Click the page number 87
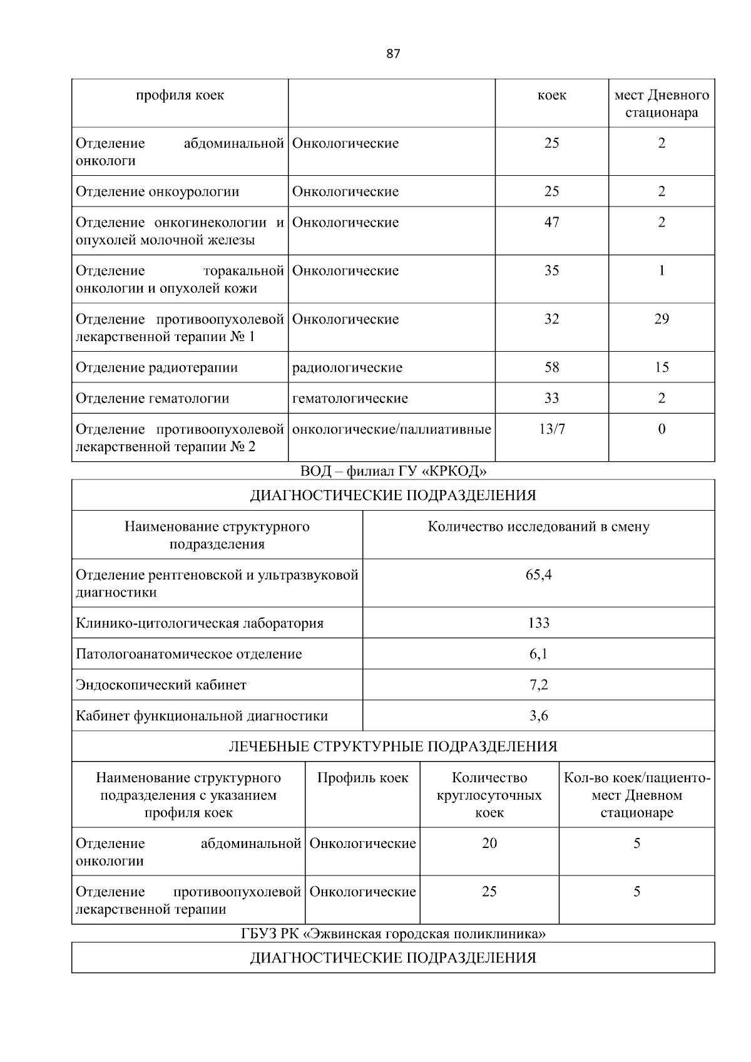click(x=393, y=54)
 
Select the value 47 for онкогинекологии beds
click(x=551, y=223)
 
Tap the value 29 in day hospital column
click(x=662, y=319)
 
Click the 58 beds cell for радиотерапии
click(x=551, y=367)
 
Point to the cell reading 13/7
click(x=551, y=429)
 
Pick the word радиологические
click(x=347, y=367)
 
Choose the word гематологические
click(x=350, y=399)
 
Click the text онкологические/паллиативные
click(x=392, y=429)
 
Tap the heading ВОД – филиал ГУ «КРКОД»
click(x=393, y=471)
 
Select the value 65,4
click(x=538, y=574)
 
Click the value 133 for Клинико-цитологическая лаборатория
click(x=538, y=623)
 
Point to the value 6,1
click(x=538, y=654)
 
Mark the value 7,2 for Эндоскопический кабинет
click(x=538, y=685)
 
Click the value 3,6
click(x=538, y=716)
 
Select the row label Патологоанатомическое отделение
click(x=189, y=654)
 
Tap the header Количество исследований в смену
click(x=538, y=527)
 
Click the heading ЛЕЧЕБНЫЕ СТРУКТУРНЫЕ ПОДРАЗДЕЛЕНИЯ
click(x=393, y=747)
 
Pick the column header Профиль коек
click(x=362, y=778)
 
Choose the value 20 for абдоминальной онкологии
click(x=489, y=844)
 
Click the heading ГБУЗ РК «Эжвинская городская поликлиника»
click(x=393, y=934)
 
